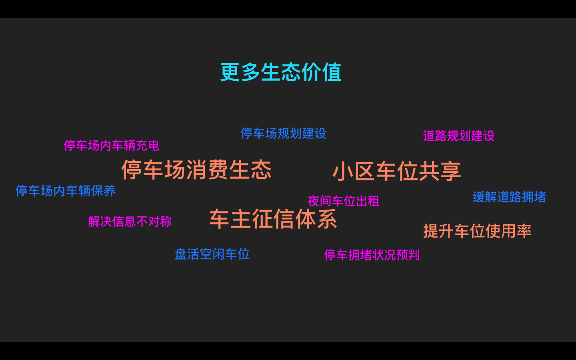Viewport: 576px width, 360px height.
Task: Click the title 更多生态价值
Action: [x=281, y=72]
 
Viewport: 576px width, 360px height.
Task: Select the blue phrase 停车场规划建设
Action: [x=283, y=134]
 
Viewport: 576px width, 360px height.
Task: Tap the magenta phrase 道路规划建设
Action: [x=458, y=136]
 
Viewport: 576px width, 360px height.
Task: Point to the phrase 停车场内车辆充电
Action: [x=112, y=146]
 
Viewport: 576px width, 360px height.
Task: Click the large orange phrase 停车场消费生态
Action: [x=196, y=170]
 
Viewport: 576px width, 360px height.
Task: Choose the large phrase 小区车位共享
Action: [x=397, y=172]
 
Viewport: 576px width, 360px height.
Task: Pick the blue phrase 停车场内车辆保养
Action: [x=66, y=191]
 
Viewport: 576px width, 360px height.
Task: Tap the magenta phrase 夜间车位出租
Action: [x=344, y=201]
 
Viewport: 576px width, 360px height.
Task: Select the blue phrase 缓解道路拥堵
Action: [x=509, y=197]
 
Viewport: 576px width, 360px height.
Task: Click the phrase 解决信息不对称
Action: [x=130, y=222]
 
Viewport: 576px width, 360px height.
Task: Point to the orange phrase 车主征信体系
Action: [x=273, y=219]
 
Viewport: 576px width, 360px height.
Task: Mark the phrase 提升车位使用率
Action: [x=477, y=231]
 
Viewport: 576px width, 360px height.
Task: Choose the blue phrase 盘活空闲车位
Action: [x=212, y=254]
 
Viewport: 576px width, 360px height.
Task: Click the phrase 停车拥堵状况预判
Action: [x=372, y=255]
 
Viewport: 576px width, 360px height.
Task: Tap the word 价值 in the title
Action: [x=322, y=72]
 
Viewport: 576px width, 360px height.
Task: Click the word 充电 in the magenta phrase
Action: [x=147, y=146]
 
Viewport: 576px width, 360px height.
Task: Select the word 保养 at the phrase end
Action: [x=103, y=191]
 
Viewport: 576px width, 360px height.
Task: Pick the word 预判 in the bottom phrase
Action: [x=408, y=255]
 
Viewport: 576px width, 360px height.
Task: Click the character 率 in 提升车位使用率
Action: [x=524, y=231]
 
